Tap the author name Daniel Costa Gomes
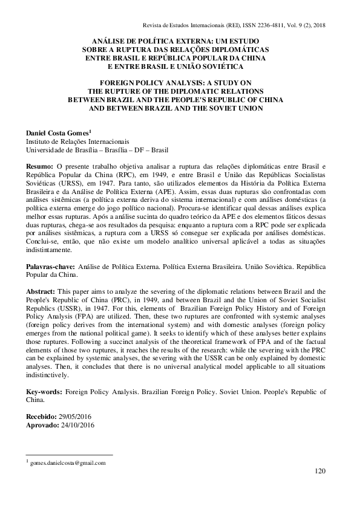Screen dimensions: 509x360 [56, 132]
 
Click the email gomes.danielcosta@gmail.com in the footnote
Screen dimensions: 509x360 [68, 462]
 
